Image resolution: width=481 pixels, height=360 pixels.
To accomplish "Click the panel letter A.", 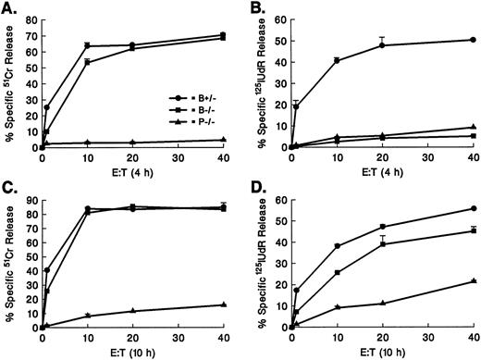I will pyautogui.click(x=8, y=7).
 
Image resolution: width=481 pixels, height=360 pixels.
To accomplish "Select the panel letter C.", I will pyautogui.click(x=8, y=189).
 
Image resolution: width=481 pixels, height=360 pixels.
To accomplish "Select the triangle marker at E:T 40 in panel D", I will pyautogui.click(x=474, y=280).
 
